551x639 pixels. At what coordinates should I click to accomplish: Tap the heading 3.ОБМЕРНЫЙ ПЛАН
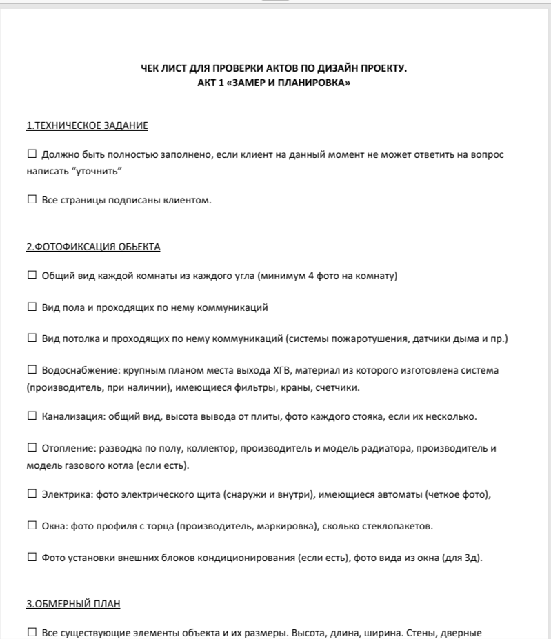click(x=73, y=605)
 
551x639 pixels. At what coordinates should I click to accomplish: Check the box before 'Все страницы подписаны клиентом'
click(x=32, y=200)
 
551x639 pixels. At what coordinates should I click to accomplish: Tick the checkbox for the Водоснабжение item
click(x=32, y=371)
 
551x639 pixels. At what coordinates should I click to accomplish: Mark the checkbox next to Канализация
click(x=32, y=416)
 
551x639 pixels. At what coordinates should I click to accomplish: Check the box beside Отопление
click(x=32, y=449)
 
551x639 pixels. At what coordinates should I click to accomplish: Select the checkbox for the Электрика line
click(x=32, y=494)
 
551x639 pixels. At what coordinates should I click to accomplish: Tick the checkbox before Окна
click(x=32, y=527)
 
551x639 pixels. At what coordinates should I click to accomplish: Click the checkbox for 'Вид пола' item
click(x=32, y=307)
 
